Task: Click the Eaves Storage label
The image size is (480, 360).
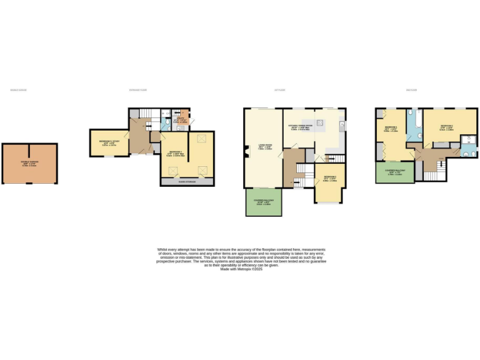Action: pos(187,182)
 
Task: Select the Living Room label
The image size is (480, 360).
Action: pos(262,148)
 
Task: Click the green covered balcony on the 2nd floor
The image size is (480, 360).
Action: pos(394,172)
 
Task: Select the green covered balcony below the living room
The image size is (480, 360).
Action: pos(263,202)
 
